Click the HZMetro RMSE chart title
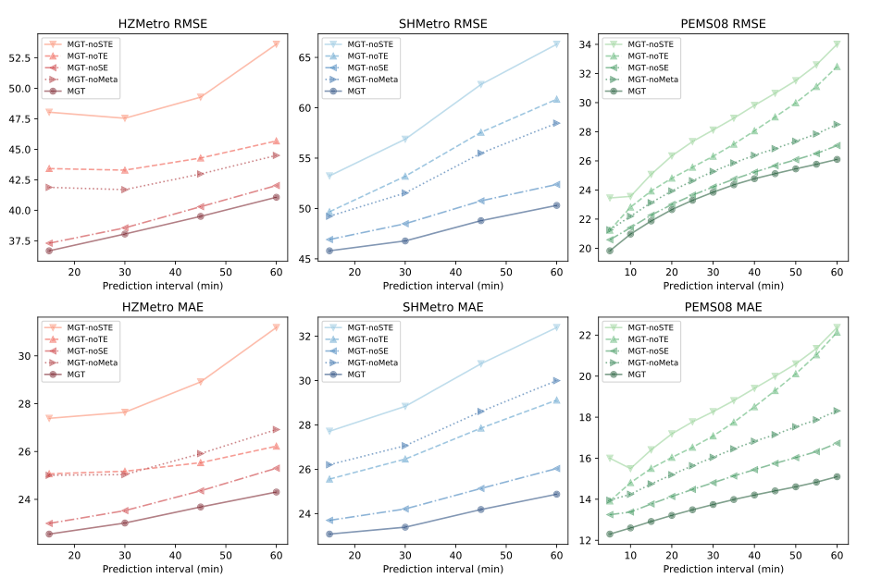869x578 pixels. click(x=161, y=23)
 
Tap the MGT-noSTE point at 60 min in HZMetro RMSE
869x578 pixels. click(x=276, y=43)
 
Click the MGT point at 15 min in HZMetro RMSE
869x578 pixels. click(x=48, y=251)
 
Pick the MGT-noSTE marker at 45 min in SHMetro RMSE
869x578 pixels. click(x=481, y=84)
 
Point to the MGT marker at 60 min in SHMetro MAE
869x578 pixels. click(x=556, y=494)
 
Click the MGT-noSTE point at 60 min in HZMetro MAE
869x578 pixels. click(x=276, y=326)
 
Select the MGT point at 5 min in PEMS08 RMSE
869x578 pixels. click(x=610, y=251)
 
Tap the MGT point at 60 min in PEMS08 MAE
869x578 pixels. click(x=837, y=476)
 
